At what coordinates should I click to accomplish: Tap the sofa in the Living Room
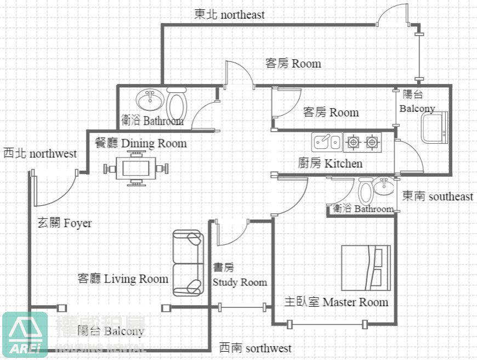point(188,263)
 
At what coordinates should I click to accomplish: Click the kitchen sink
point(327,142)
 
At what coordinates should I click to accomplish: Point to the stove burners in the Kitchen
point(362,143)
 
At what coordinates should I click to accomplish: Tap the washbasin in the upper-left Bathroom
point(150,100)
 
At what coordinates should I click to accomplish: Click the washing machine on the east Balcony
point(434,127)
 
